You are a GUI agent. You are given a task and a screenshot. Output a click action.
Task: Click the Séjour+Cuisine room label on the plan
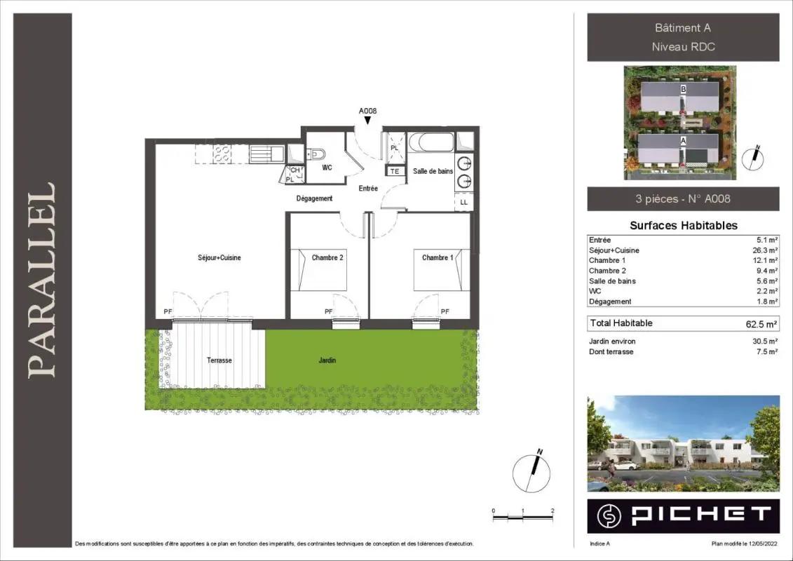(219, 257)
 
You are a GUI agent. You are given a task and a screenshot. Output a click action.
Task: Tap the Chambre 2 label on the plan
(327, 257)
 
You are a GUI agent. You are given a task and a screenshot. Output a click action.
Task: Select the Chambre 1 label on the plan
(438, 257)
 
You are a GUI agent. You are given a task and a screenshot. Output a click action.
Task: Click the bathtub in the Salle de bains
(431, 142)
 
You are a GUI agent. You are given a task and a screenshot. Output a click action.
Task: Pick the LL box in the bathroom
(463, 202)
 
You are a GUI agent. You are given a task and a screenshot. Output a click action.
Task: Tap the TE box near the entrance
(395, 172)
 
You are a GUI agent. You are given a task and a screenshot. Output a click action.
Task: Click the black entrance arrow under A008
(367, 121)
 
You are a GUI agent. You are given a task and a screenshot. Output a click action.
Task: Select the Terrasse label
(219, 360)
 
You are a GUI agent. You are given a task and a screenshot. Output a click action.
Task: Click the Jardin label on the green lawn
(327, 360)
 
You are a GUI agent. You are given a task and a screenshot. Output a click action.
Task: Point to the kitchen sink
(268, 154)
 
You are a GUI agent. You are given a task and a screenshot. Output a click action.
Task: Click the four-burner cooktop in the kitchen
(222, 154)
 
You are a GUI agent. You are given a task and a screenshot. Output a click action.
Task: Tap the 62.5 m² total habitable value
(761, 324)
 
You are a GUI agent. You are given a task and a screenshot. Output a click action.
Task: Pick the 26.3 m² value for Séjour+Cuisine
(765, 250)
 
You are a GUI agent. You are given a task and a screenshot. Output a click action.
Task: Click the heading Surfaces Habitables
(683, 226)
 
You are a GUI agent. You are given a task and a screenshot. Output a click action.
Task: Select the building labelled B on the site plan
(679, 98)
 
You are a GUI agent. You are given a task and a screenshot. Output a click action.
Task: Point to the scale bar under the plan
(523, 518)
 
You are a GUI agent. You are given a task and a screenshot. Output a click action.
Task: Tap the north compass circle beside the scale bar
(531, 473)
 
